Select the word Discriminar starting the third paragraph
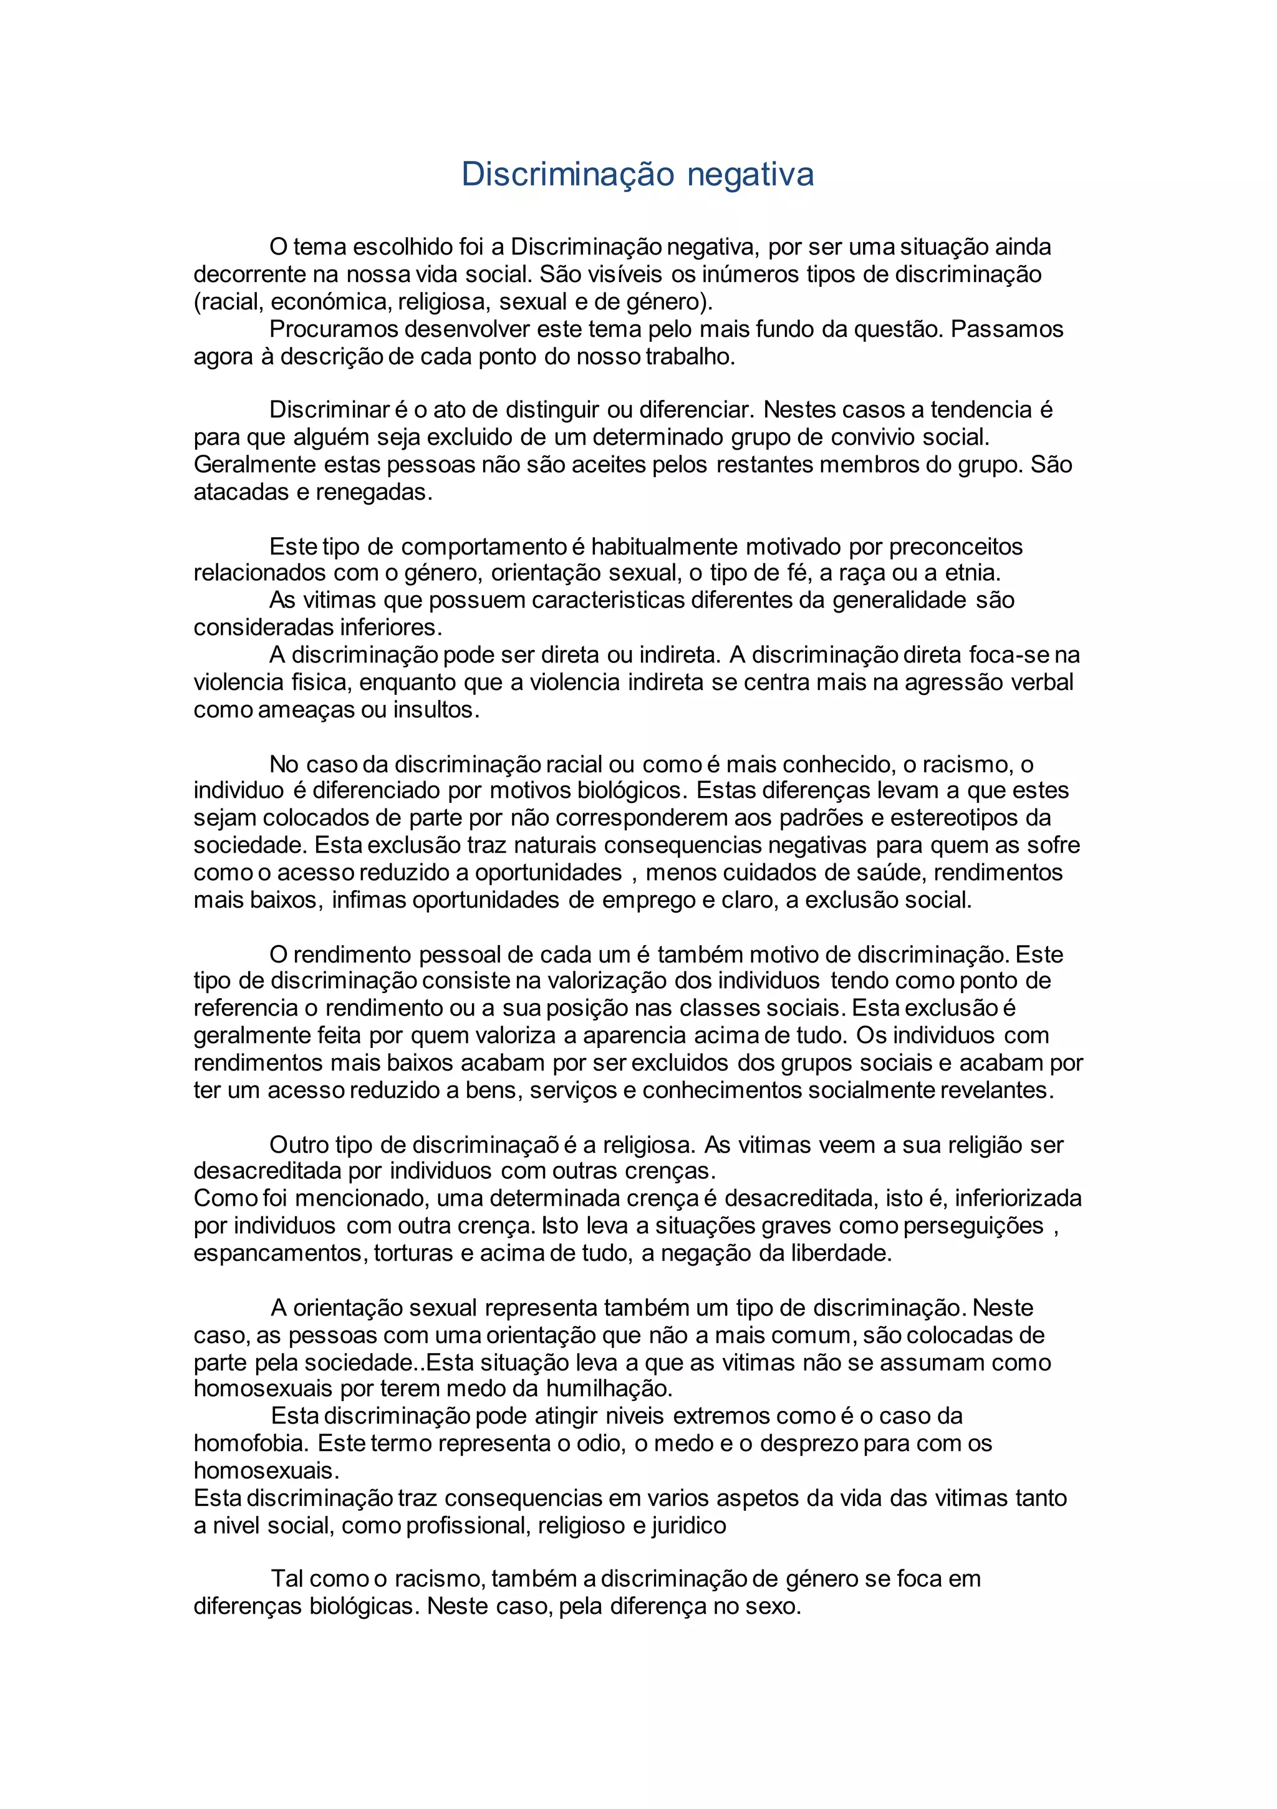pyautogui.click(x=330, y=410)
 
